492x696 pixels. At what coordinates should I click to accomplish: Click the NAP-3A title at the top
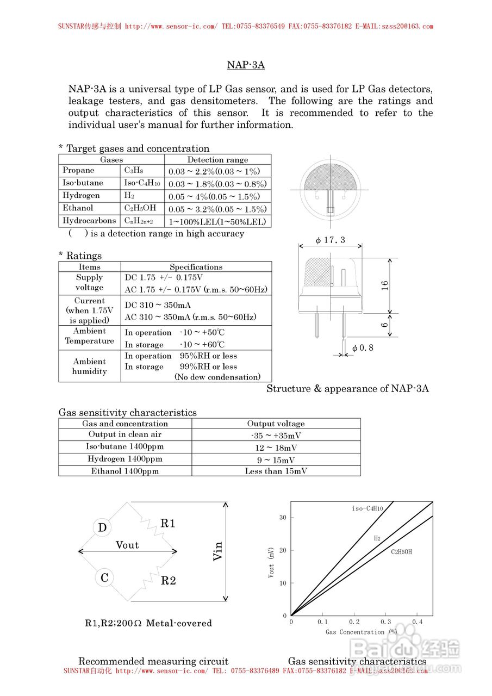click(x=246, y=65)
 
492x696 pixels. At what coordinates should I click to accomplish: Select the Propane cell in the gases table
click(x=78, y=170)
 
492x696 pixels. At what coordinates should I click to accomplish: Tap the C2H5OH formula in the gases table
click(x=140, y=208)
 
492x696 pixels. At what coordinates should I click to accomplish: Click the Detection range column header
click(x=217, y=159)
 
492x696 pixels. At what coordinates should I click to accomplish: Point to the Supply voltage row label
click(x=89, y=282)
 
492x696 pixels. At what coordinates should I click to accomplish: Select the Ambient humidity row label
click(x=89, y=366)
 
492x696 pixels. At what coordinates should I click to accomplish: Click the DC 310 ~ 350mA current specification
click(x=158, y=305)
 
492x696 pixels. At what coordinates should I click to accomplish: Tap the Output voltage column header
click(x=276, y=424)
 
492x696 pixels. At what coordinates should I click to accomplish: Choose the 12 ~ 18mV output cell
click(x=276, y=448)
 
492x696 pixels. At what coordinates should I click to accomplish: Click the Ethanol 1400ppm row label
click(x=125, y=471)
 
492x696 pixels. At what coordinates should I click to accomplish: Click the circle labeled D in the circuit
click(x=102, y=527)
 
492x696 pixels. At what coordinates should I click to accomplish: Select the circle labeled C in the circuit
click(x=104, y=578)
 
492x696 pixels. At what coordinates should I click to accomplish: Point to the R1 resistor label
click(x=168, y=524)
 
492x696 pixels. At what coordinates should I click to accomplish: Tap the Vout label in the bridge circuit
click(x=127, y=545)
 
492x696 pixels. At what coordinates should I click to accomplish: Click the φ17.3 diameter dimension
click(x=330, y=240)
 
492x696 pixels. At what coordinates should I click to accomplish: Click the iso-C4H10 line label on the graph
click(x=368, y=508)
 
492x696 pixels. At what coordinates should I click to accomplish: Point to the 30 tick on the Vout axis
click(x=283, y=517)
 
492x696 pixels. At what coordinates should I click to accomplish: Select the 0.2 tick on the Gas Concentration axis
click(x=354, y=622)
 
